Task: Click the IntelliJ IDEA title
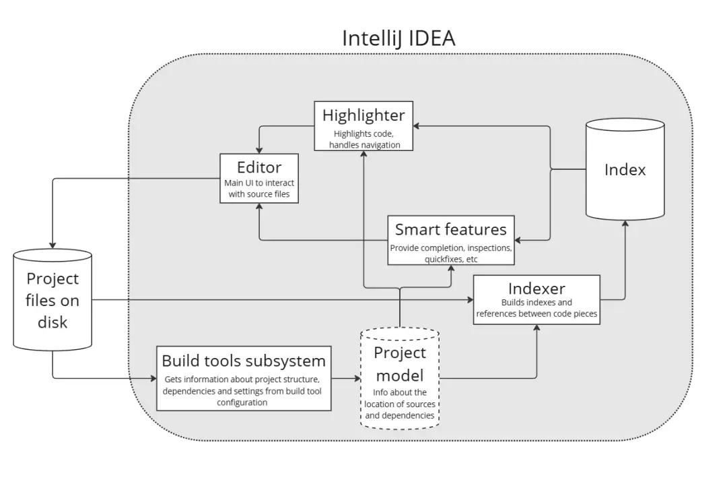pyautogui.click(x=399, y=38)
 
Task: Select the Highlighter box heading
pyautogui.click(x=363, y=115)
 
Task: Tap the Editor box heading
pyautogui.click(x=259, y=167)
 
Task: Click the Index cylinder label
pyautogui.click(x=625, y=170)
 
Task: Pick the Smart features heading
pyautogui.click(x=450, y=229)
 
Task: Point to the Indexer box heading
pyautogui.click(x=536, y=289)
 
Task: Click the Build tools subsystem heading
pyautogui.click(x=244, y=360)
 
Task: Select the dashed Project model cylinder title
pyautogui.click(x=400, y=363)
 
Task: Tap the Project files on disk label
pyautogui.click(x=53, y=300)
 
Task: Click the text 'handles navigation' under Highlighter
pyautogui.click(x=364, y=145)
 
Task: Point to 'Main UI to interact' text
pyautogui.click(x=259, y=183)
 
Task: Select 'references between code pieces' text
pyautogui.click(x=536, y=313)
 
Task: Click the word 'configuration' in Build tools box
pyautogui.click(x=244, y=402)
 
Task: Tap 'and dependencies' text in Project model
pyautogui.click(x=400, y=415)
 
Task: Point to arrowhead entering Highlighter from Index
pyautogui.click(x=417, y=126)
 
